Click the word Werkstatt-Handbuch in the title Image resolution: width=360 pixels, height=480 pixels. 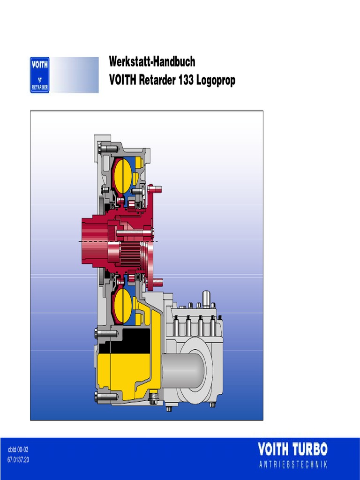(x=152, y=62)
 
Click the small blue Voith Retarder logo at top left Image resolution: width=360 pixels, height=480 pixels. (x=40, y=75)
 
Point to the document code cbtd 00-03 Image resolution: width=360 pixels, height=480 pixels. (x=18, y=450)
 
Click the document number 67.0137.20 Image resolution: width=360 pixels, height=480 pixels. (x=18, y=459)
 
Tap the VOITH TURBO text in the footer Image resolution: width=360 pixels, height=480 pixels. (x=292, y=450)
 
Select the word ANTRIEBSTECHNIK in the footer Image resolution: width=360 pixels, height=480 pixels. (x=292, y=465)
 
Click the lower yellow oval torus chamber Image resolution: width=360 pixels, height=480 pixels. (x=123, y=306)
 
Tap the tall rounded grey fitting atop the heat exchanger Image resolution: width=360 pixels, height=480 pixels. (x=206, y=298)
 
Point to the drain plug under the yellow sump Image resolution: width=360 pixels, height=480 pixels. (x=153, y=401)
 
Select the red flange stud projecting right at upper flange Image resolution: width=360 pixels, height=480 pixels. (x=157, y=189)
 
